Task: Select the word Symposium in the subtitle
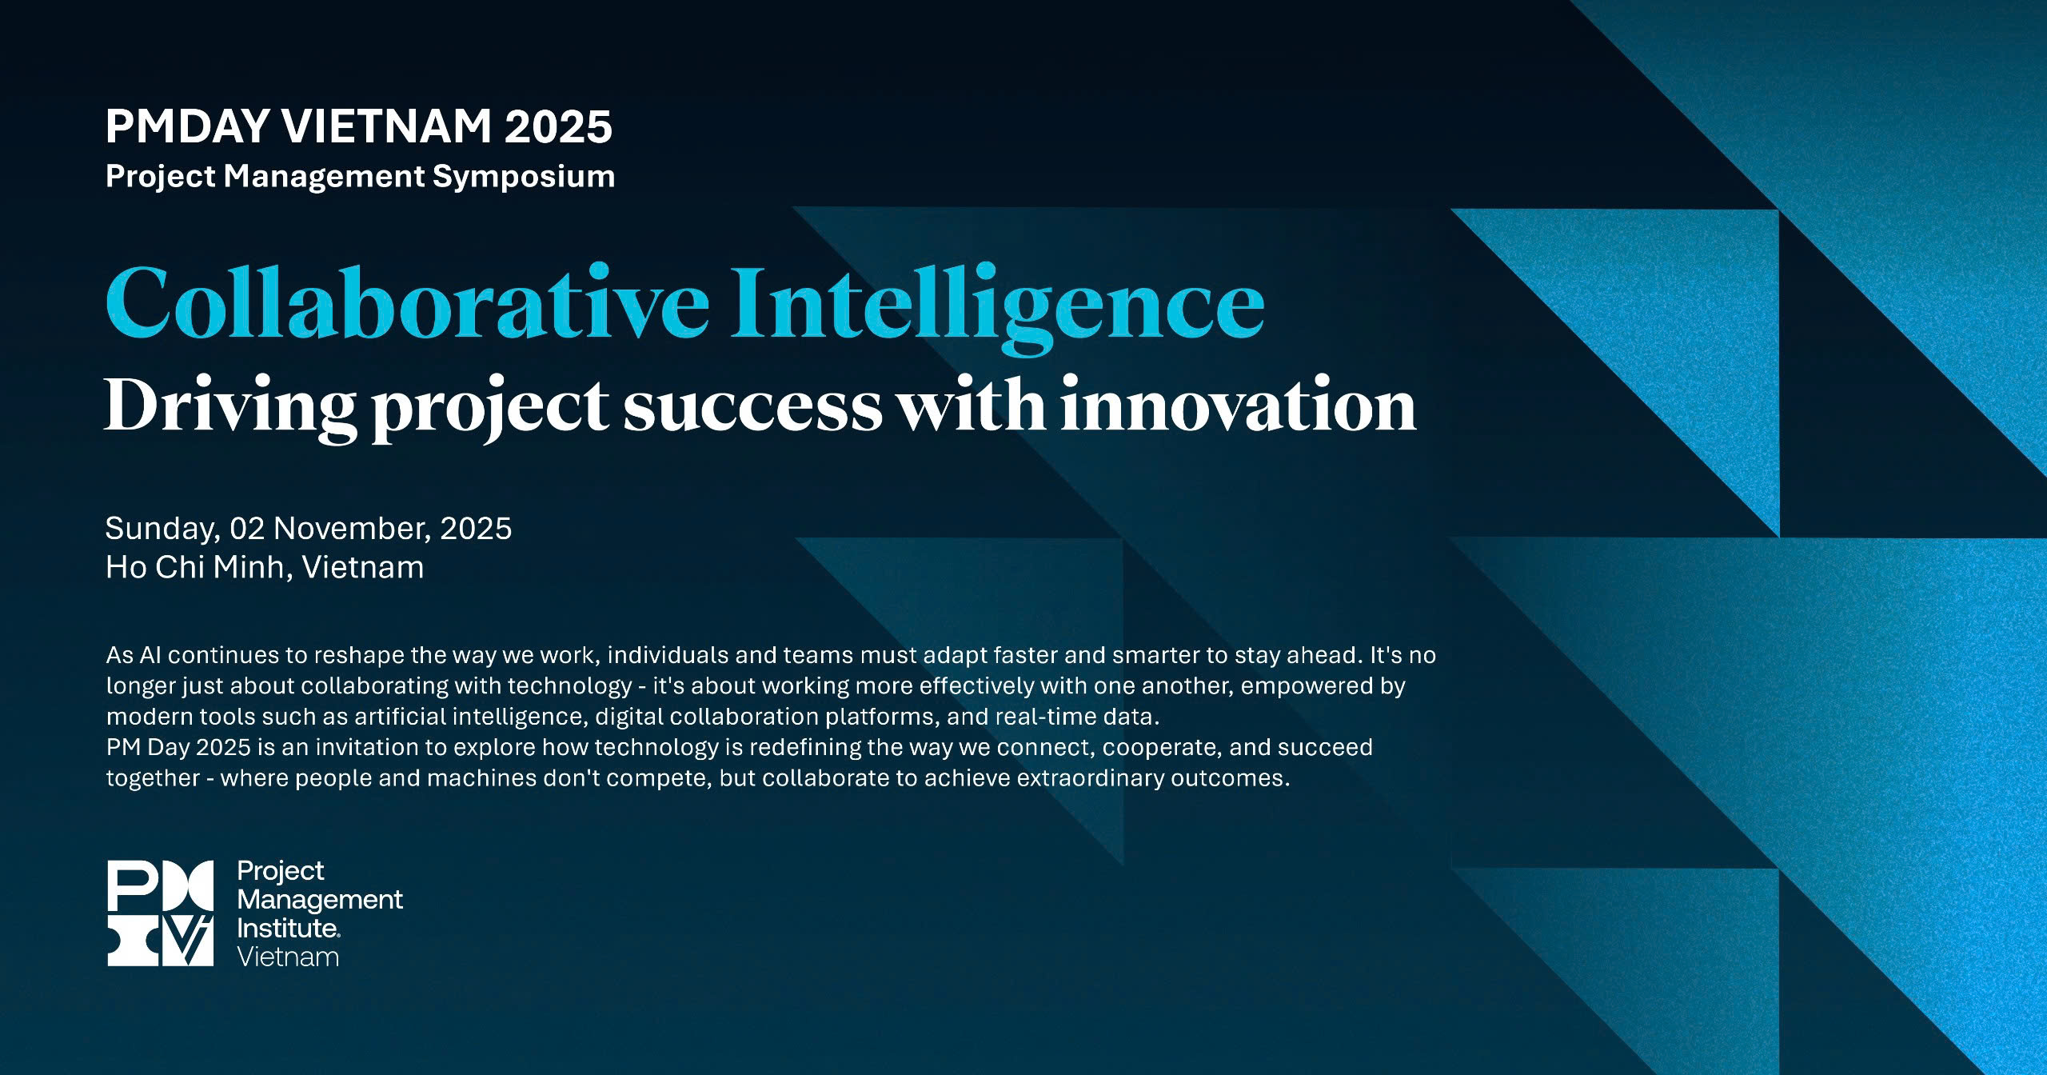[x=524, y=178]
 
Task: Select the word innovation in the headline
[x=1238, y=406]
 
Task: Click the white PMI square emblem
[x=161, y=913]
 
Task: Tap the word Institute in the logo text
[x=288, y=929]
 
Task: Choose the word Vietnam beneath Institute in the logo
[x=288, y=957]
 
